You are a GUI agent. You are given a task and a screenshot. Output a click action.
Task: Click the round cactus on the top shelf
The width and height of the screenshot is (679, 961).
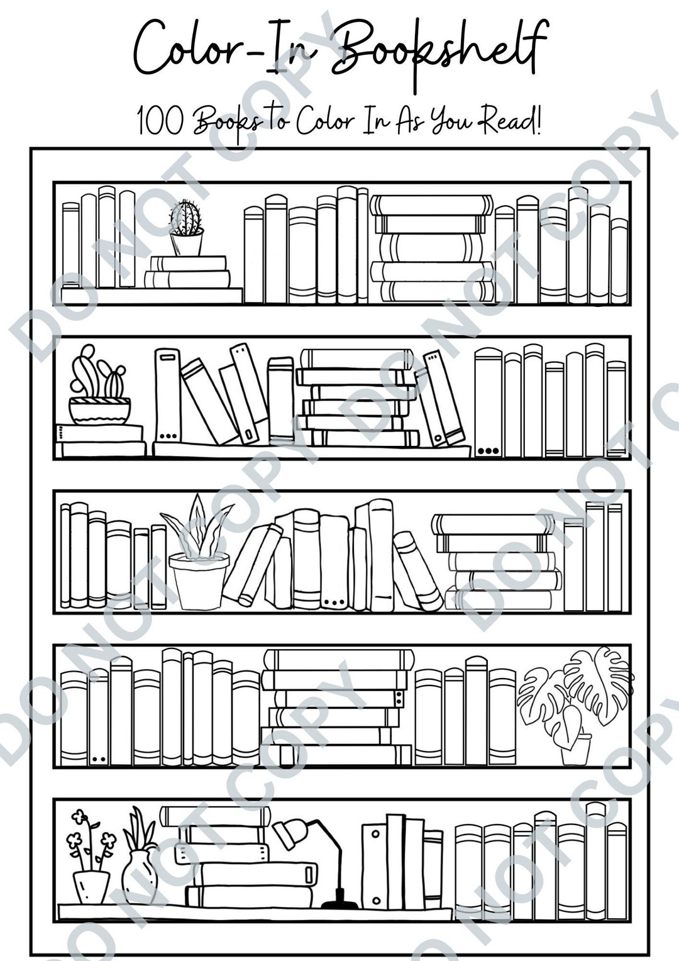tap(185, 216)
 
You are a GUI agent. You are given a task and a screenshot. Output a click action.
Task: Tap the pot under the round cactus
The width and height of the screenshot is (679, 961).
tap(187, 243)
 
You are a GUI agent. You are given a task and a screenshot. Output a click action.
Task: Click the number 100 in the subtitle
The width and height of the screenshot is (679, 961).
tap(161, 121)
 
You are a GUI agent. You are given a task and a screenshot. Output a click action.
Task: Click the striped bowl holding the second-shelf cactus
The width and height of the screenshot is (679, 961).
tap(100, 410)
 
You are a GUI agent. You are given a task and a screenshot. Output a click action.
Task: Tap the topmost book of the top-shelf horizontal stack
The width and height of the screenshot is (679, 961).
tap(431, 205)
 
